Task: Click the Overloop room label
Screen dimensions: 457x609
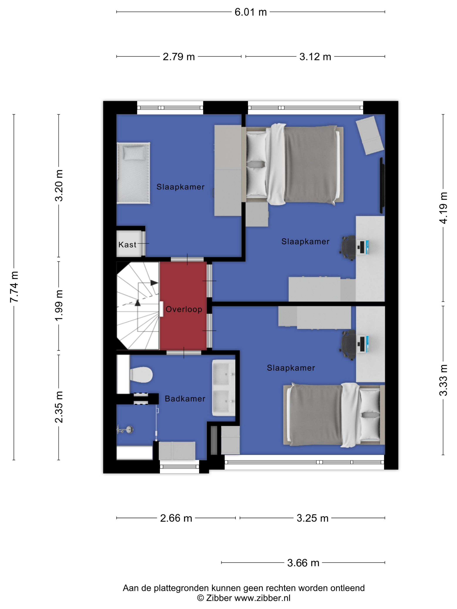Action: [184, 309]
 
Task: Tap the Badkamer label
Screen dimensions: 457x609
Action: [185, 399]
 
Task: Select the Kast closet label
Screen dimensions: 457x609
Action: [127, 244]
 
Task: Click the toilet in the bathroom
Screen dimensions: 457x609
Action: [141, 375]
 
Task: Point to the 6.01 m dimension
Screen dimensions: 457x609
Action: [251, 12]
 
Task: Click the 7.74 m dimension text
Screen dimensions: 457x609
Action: [14, 287]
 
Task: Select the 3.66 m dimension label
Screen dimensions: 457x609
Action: [303, 563]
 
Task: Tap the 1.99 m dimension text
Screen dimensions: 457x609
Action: [59, 305]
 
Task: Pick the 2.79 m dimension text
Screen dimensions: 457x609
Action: [179, 57]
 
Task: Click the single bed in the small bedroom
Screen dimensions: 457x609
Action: [134, 173]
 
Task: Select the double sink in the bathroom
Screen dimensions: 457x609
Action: [223, 388]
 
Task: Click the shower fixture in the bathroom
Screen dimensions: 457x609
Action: [125, 429]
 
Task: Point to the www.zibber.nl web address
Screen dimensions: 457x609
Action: [262, 598]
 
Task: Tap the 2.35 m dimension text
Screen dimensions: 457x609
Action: [59, 407]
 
